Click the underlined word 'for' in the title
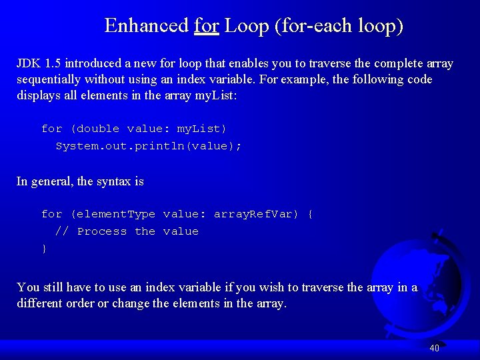point(207,26)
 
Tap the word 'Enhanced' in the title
point(147,26)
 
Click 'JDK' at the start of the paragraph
point(29,64)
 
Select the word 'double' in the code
point(99,129)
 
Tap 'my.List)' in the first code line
point(201,129)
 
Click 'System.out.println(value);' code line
point(148,146)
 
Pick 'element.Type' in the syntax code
point(113,214)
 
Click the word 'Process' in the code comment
point(101,231)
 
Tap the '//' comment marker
point(62,231)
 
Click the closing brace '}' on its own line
point(45,249)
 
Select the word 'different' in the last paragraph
point(39,303)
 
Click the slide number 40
point(434,347)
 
